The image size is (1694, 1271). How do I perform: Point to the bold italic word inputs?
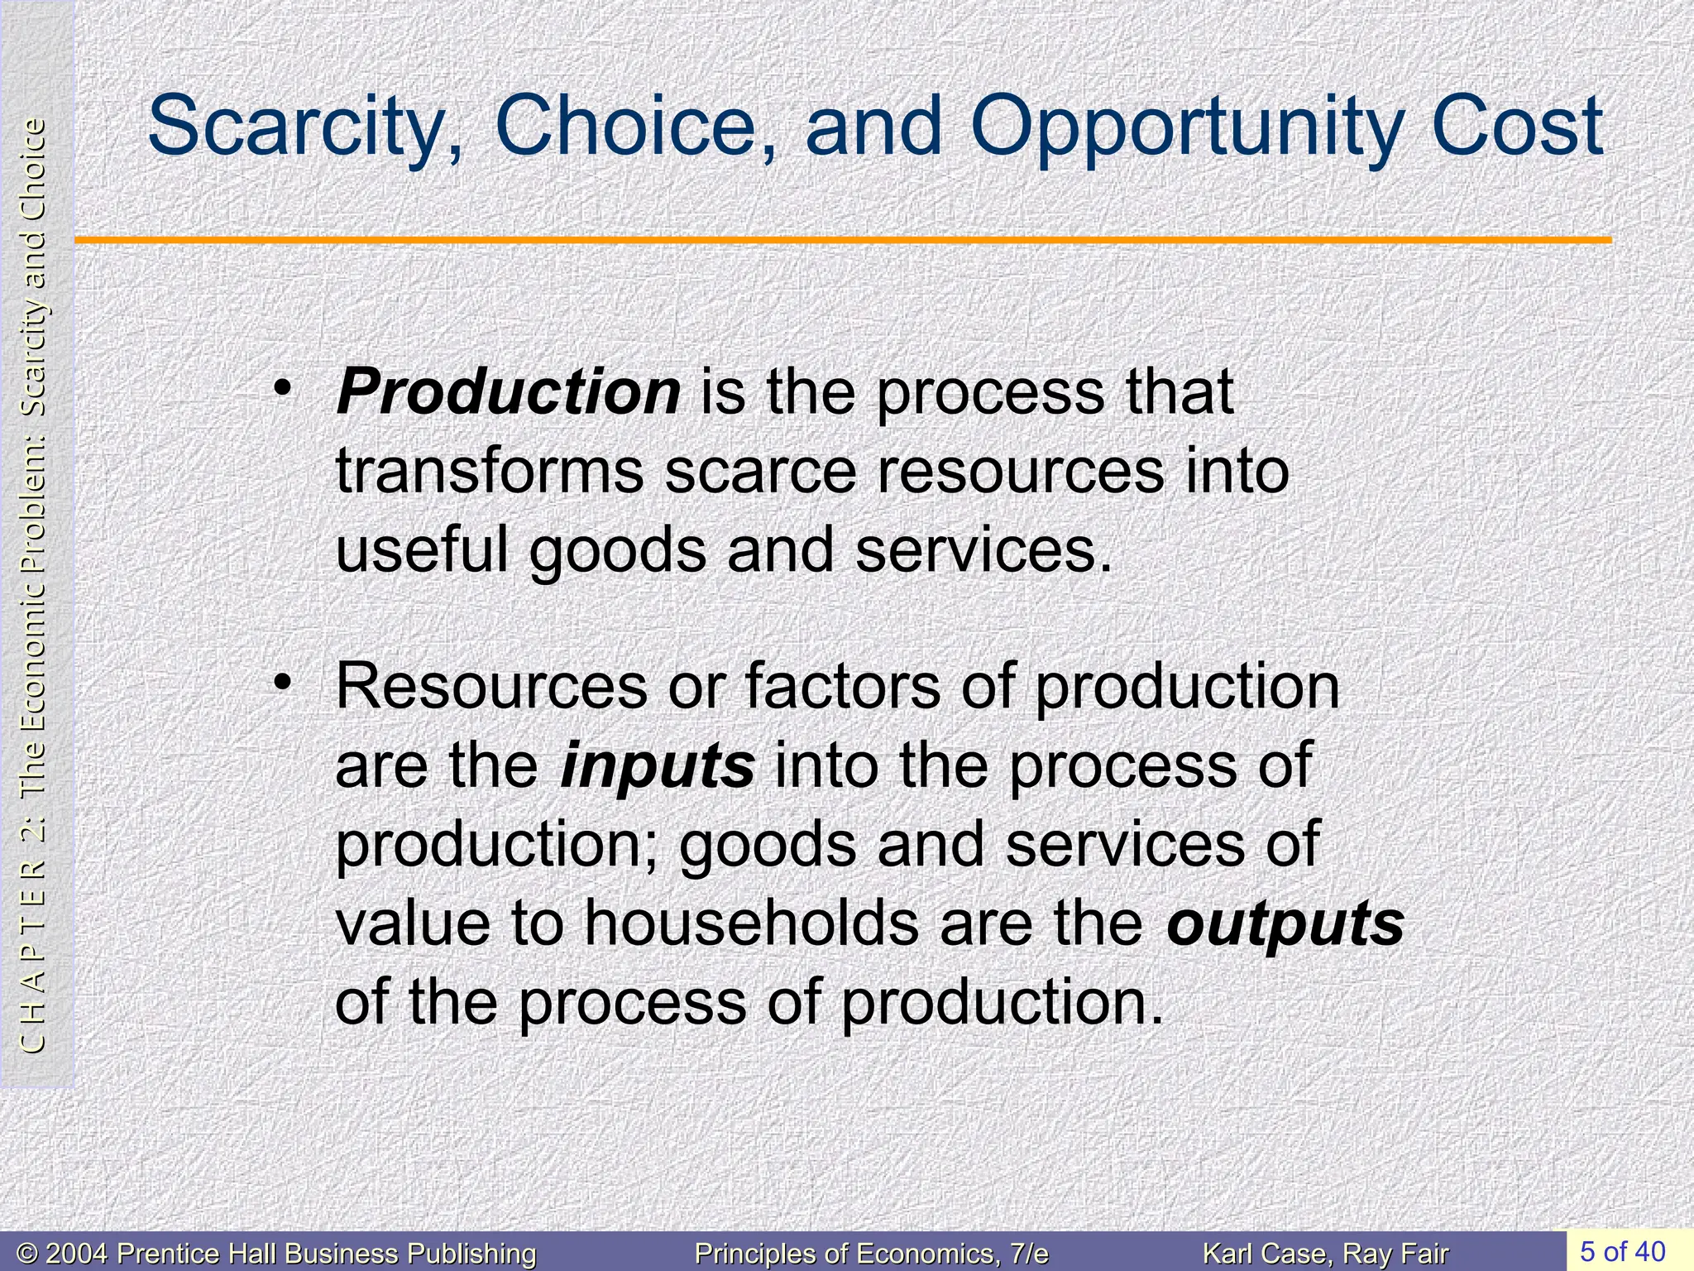coord(658,765)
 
